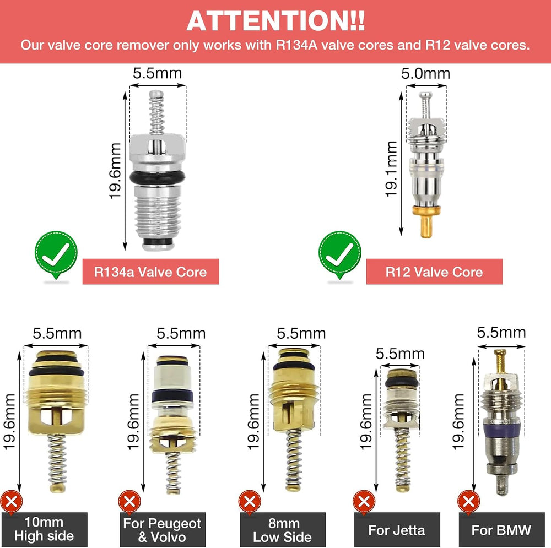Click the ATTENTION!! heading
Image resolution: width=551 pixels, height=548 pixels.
275,21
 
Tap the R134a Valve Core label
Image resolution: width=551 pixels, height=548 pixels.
150,272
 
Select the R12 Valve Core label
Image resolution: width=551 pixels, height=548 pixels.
434,272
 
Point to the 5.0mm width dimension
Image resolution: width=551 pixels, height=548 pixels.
425,74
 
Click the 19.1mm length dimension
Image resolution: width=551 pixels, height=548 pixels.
391,169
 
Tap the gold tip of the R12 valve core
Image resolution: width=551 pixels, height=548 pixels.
426,221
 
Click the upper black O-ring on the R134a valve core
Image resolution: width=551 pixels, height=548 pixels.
158,177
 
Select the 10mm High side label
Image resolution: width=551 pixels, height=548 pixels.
44,529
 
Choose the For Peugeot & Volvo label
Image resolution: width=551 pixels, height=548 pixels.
162,530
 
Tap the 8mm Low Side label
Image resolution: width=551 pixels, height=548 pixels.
283,530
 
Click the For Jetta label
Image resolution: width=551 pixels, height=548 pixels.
397,530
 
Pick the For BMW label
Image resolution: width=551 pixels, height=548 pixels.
501,530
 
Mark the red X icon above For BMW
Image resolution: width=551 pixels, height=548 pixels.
469,502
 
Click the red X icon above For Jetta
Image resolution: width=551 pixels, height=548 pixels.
364,502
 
